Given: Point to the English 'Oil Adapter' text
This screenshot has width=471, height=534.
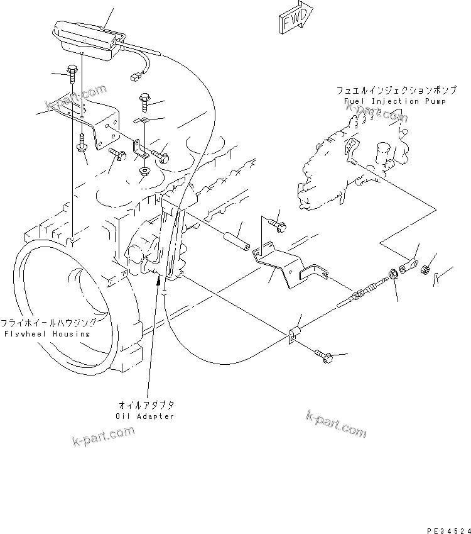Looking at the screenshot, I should coord(145,416).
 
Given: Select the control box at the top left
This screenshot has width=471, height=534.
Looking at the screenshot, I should coord(87,40).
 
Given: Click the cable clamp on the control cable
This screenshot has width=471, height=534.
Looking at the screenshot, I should coord(294,335).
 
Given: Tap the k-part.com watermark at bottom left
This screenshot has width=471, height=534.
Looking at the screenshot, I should coord(103,435).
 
